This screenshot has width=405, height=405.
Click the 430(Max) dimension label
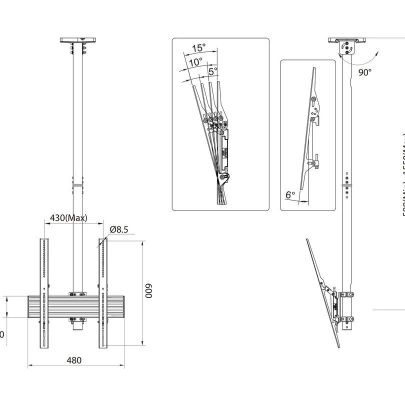68,218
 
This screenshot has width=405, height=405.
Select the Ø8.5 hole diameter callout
119,229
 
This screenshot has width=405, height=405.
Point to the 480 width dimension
74,360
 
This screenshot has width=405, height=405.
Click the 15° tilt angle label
198,48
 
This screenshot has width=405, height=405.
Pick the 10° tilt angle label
195,62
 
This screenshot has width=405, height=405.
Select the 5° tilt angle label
212,71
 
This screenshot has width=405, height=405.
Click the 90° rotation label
365,72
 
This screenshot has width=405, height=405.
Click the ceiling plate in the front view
79,39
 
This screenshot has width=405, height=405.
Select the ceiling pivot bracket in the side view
347,48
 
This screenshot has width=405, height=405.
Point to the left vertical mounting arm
44,295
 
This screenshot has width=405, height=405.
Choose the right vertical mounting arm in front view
102,295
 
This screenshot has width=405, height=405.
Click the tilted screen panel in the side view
322,292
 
